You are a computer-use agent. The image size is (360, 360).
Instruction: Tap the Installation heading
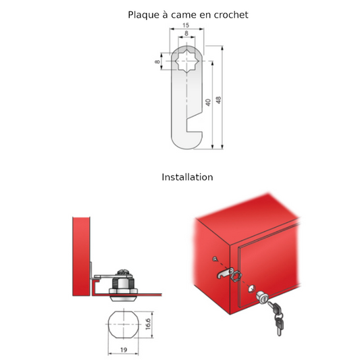[x=187, y=177]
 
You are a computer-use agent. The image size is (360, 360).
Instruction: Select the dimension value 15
[x=186, y=25]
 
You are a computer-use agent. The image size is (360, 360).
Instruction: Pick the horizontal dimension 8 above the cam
[x=186, y=33]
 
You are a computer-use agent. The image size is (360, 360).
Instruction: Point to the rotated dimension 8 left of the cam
[x=157, y=61]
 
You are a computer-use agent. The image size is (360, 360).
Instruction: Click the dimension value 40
[x=208, y=103]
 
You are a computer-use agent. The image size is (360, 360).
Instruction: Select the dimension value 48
[x=219, y=100]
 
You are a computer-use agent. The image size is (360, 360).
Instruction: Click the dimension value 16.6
[x=148, y=324]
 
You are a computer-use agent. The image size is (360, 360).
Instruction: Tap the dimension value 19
[x=124, y=350]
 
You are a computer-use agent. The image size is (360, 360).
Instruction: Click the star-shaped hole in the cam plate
[x=186, y=61]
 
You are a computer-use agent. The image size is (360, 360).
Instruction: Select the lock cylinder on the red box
[x=262, y=298]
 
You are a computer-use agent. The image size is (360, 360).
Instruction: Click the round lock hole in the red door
[x=252, y=288]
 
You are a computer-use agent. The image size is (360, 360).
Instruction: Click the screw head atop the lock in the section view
[x=124, y=272]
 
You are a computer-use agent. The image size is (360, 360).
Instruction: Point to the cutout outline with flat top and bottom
[x=124, y=324]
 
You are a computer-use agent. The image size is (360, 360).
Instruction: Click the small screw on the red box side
[x=215, y=259]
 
